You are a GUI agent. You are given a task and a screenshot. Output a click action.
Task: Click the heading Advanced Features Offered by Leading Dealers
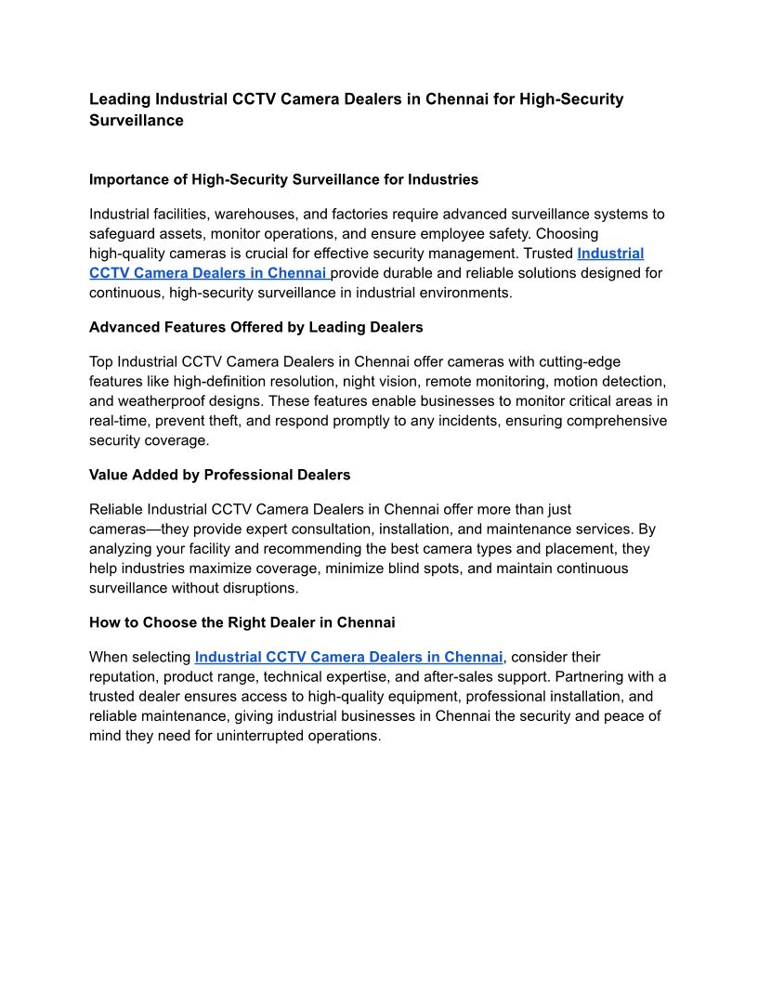(x=255, y=327)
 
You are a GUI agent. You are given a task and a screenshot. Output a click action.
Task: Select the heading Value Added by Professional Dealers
(x=219, y=475)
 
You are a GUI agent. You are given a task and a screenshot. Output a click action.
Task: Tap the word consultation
(x=372, y=529)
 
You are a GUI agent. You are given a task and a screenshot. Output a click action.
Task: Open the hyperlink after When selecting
(x=348, y=657)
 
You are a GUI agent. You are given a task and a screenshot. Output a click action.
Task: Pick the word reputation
(x=128, y=676)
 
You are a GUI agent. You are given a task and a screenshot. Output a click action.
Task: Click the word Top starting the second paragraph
(x=101, y=361)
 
